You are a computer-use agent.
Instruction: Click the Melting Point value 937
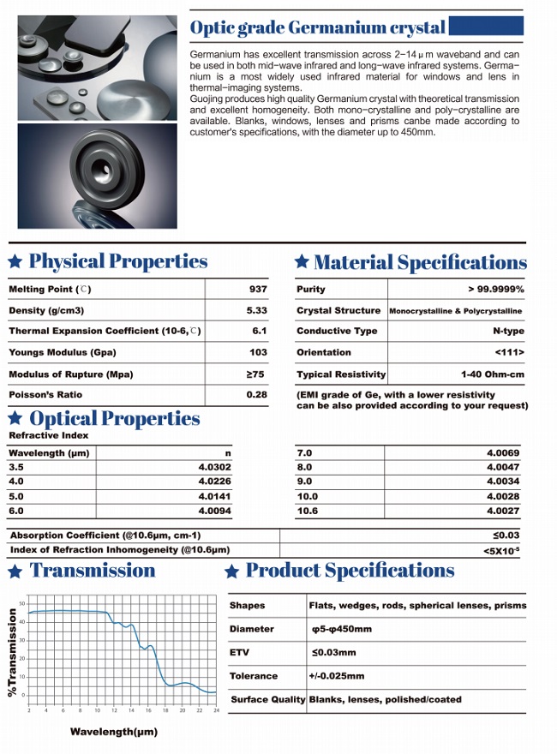click(257, 290)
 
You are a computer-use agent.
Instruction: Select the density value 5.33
click(257, 310)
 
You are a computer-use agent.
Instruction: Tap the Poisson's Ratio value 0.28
click(256, 395)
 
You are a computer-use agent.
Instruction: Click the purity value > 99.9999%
click(496, 290)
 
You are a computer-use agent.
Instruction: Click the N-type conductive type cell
click(508, 331)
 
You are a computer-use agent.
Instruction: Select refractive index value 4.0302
click(214, 467)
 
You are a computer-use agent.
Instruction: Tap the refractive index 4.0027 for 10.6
click(503, 511)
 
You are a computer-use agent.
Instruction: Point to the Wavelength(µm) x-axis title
click(114, 732)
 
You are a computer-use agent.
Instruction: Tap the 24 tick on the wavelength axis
click(217, 710)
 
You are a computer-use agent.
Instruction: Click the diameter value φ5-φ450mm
click(342, 629)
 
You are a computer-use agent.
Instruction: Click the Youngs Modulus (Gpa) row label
click(62, 352)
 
